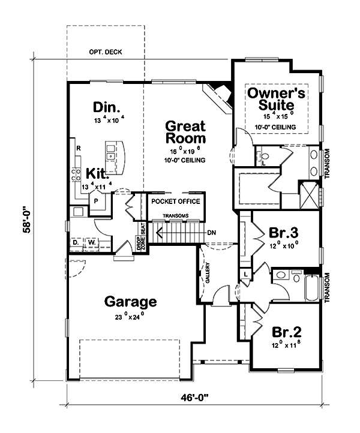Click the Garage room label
(x=131, y=301)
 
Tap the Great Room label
(x=185, y=133)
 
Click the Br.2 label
(x=286, y=332)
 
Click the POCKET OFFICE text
(x=176, y=201)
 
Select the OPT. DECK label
(x=105, y=52)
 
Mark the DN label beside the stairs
(x=211, y=233)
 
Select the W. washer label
(x=93, y=242)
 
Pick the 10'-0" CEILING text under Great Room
(x=184, y=161)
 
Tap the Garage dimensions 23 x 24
(x=130, y=316)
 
